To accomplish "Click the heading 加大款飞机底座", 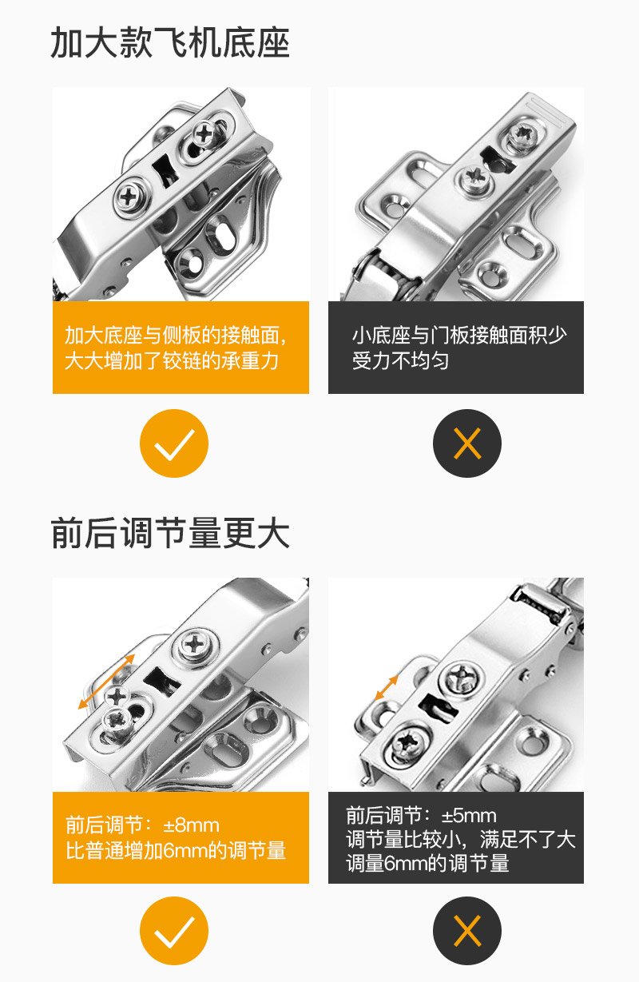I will [169, 43].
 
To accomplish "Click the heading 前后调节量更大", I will [169, 533].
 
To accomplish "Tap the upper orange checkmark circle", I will [174, 443].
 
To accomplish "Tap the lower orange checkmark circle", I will [174, 931].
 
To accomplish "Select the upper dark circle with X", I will [467, 443].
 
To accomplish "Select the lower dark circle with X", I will [467, 931].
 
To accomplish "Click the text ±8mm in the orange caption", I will [191, 825].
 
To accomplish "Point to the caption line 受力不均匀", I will [400, 360].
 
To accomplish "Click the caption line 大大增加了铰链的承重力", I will [172, 360].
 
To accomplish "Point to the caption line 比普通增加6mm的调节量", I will [176, 850].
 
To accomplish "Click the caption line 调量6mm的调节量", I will [427, 863].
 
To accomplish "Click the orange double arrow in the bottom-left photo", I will [107, 681].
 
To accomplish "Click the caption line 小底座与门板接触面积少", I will [458, 335].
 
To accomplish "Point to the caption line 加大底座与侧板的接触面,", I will [176, 335].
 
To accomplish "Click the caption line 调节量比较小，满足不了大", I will [460, 839].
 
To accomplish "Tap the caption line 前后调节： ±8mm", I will [142, 825].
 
